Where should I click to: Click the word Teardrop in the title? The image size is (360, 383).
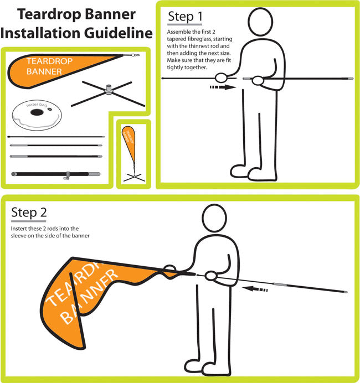49,14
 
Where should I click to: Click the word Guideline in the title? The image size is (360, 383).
119,33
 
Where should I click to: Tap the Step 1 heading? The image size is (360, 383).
185,17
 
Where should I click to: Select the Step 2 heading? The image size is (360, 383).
29,213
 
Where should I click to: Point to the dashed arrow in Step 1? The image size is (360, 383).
223,87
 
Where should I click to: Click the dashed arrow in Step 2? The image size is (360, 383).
255,289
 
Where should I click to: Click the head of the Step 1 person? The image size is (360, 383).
260,22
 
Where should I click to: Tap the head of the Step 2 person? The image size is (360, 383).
214,218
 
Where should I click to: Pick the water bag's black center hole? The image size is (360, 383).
37,112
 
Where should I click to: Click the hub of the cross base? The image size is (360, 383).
109,90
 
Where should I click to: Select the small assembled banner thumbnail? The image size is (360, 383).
133,154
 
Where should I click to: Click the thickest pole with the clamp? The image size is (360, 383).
56,174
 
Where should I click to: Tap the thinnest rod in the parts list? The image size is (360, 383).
56,137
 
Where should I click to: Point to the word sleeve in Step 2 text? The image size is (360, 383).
18,236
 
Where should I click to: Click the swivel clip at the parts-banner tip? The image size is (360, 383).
135,55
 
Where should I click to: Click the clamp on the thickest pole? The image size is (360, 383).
67,175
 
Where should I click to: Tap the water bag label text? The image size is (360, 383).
37,105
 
